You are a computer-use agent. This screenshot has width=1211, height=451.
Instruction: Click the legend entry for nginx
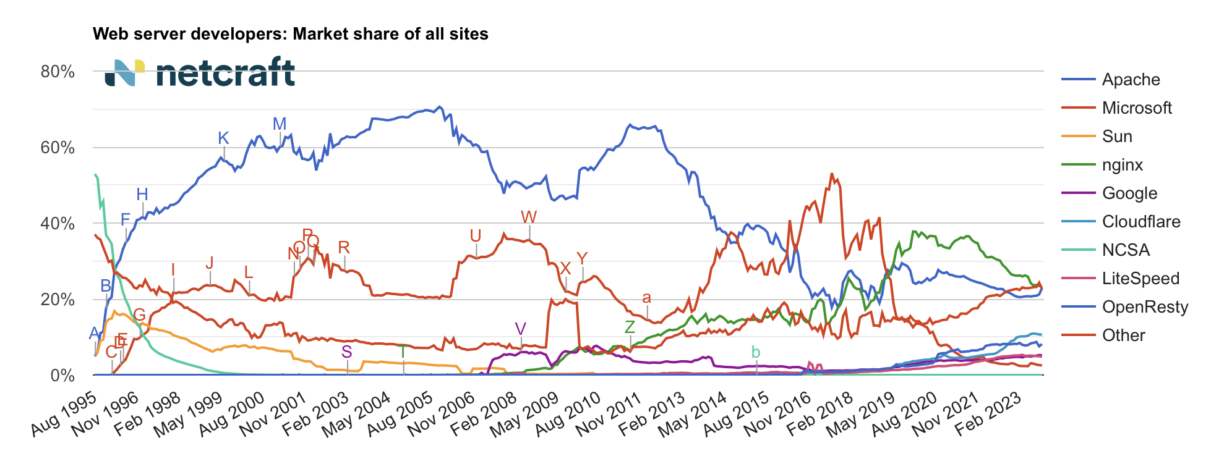[x=1122, y=165]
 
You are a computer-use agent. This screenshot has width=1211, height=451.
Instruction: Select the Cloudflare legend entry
[x=1140, y=222]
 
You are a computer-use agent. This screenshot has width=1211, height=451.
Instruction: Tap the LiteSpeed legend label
[x=1140, y=279]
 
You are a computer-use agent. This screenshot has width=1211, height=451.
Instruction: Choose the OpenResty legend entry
[x=1145, y=307]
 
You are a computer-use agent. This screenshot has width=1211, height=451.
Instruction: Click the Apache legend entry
[x=1131, y=80]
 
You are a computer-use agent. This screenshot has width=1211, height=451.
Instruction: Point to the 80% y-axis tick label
[x=58, y=72]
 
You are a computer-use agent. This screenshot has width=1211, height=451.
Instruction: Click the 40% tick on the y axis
[x=58, y=224]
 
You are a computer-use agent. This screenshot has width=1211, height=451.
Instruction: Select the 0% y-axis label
[x=62, y=376]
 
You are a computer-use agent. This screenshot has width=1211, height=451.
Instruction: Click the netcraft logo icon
[x=124, y=73]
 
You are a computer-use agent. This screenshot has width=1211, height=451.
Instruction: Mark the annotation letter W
[x=529, y=217]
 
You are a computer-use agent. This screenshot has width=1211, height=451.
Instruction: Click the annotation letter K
[x=223, y=138]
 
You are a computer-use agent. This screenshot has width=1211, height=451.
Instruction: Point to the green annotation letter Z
[x=630, y=327]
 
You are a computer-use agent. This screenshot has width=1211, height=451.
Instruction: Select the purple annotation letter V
[x=520, y=329]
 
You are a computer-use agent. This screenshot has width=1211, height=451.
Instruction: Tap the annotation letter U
[x=475, y=236]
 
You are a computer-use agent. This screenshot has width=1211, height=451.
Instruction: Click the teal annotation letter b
[x=755, y=352]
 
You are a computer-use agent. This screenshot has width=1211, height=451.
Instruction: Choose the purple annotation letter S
[x=346, y=352]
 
